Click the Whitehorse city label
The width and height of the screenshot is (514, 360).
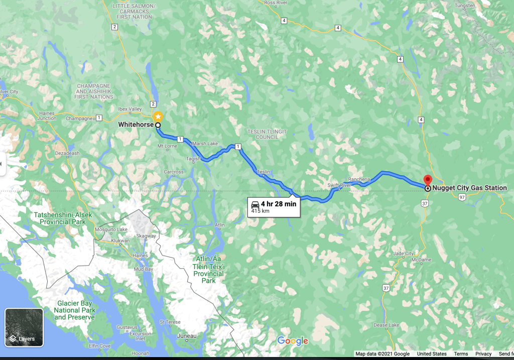[136, 125]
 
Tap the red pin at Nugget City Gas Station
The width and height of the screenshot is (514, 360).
[428, 180]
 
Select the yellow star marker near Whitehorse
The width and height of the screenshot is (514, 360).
[158, 116]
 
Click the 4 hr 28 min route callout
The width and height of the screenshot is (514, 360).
[274, 206]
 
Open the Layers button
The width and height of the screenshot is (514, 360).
[24, 327]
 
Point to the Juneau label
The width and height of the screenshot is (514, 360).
[187, 336]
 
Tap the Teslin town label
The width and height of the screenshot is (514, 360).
[264, 172]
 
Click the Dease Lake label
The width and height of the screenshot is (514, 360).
[387, 325]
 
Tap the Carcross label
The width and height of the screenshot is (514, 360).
[174, 172]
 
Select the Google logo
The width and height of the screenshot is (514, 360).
[292, 341]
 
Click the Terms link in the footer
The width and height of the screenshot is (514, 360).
[461, 354]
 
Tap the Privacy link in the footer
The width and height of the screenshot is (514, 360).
[483, 354]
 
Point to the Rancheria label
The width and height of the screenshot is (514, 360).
[359, 179]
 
